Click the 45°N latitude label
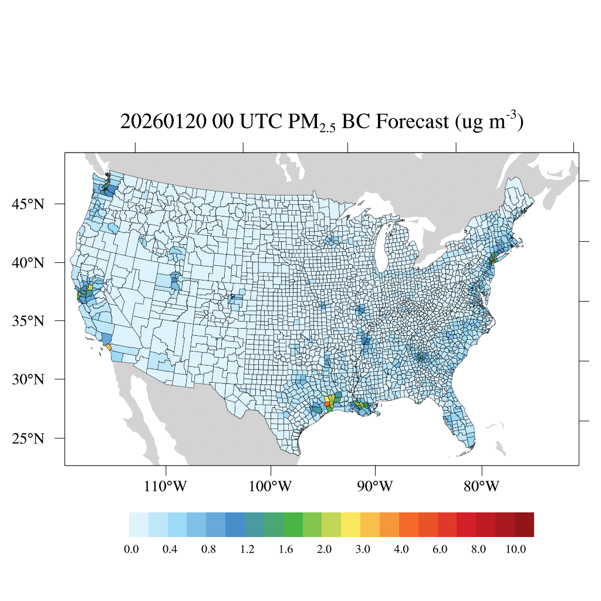click(x=30, y=204)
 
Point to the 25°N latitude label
click(x=30, y=438)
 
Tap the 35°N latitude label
click(x=30, y=321)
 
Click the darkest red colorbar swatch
click(x=524, y=525)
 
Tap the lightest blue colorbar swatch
click(x=139, y=525)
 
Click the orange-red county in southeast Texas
click(x=327, y=404)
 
